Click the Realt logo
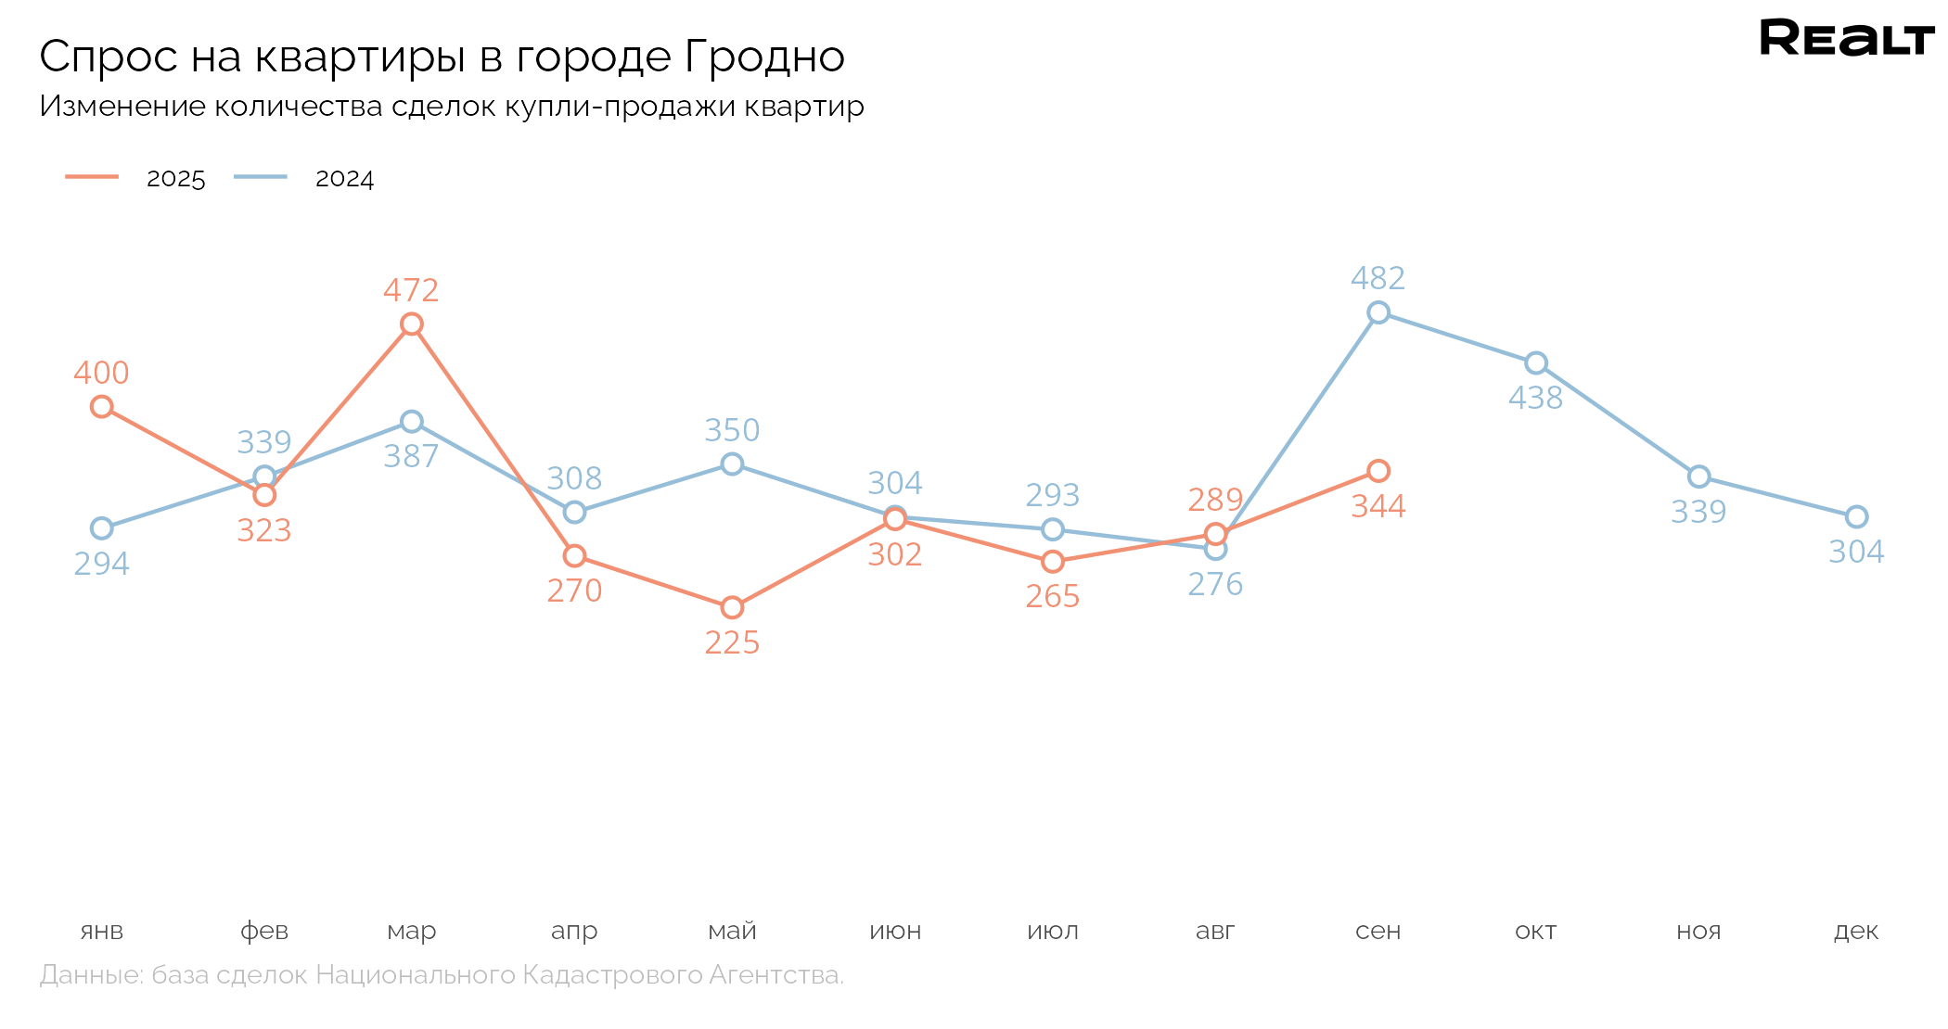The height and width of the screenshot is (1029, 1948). [1846, 39]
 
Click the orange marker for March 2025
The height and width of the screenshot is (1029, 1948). [412, 324]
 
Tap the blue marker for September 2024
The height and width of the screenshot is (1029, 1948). [1378, 312]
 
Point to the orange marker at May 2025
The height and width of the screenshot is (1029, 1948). [732, 607]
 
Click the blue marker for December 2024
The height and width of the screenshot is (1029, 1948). [1856, 516]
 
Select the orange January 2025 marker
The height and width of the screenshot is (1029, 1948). [102, 406]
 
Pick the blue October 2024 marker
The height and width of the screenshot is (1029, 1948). [1536, 362]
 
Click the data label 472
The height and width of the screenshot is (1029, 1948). [411, 291]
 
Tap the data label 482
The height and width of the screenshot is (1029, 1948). [1378, 278]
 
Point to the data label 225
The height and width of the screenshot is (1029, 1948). [732, 642]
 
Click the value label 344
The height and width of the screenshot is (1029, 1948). [1378, 506]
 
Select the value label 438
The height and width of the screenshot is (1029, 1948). [1536, 398]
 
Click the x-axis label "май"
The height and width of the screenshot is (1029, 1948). [732, 931]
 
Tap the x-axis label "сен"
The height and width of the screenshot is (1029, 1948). [1378, 931]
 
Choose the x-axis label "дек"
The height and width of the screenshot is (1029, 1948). [1856, 931]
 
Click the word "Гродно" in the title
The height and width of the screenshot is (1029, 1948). [764, 57]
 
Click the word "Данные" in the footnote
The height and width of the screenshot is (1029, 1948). [91, 975]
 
